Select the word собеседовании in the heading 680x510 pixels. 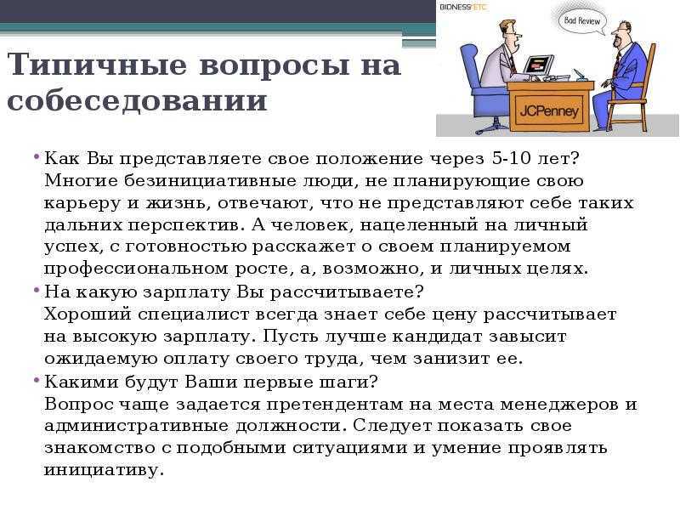(x=137, y=100)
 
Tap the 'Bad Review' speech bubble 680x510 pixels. (x=581, y=20)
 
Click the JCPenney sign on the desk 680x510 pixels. (x=549, y=110)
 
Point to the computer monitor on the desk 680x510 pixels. (x=538, y=65)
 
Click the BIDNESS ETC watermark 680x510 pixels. (x=463, y=7)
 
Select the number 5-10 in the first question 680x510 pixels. (x=512, y=158)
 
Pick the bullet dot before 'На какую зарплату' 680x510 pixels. (x=37, y=290)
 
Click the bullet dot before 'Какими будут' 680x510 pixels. (x=37, y=380)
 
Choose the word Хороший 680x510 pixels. (x=88, y=314)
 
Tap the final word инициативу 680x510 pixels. (x=104, y=471)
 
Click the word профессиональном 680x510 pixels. (x=136, y=269)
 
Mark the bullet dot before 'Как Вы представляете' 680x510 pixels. (x=37, y=156)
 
